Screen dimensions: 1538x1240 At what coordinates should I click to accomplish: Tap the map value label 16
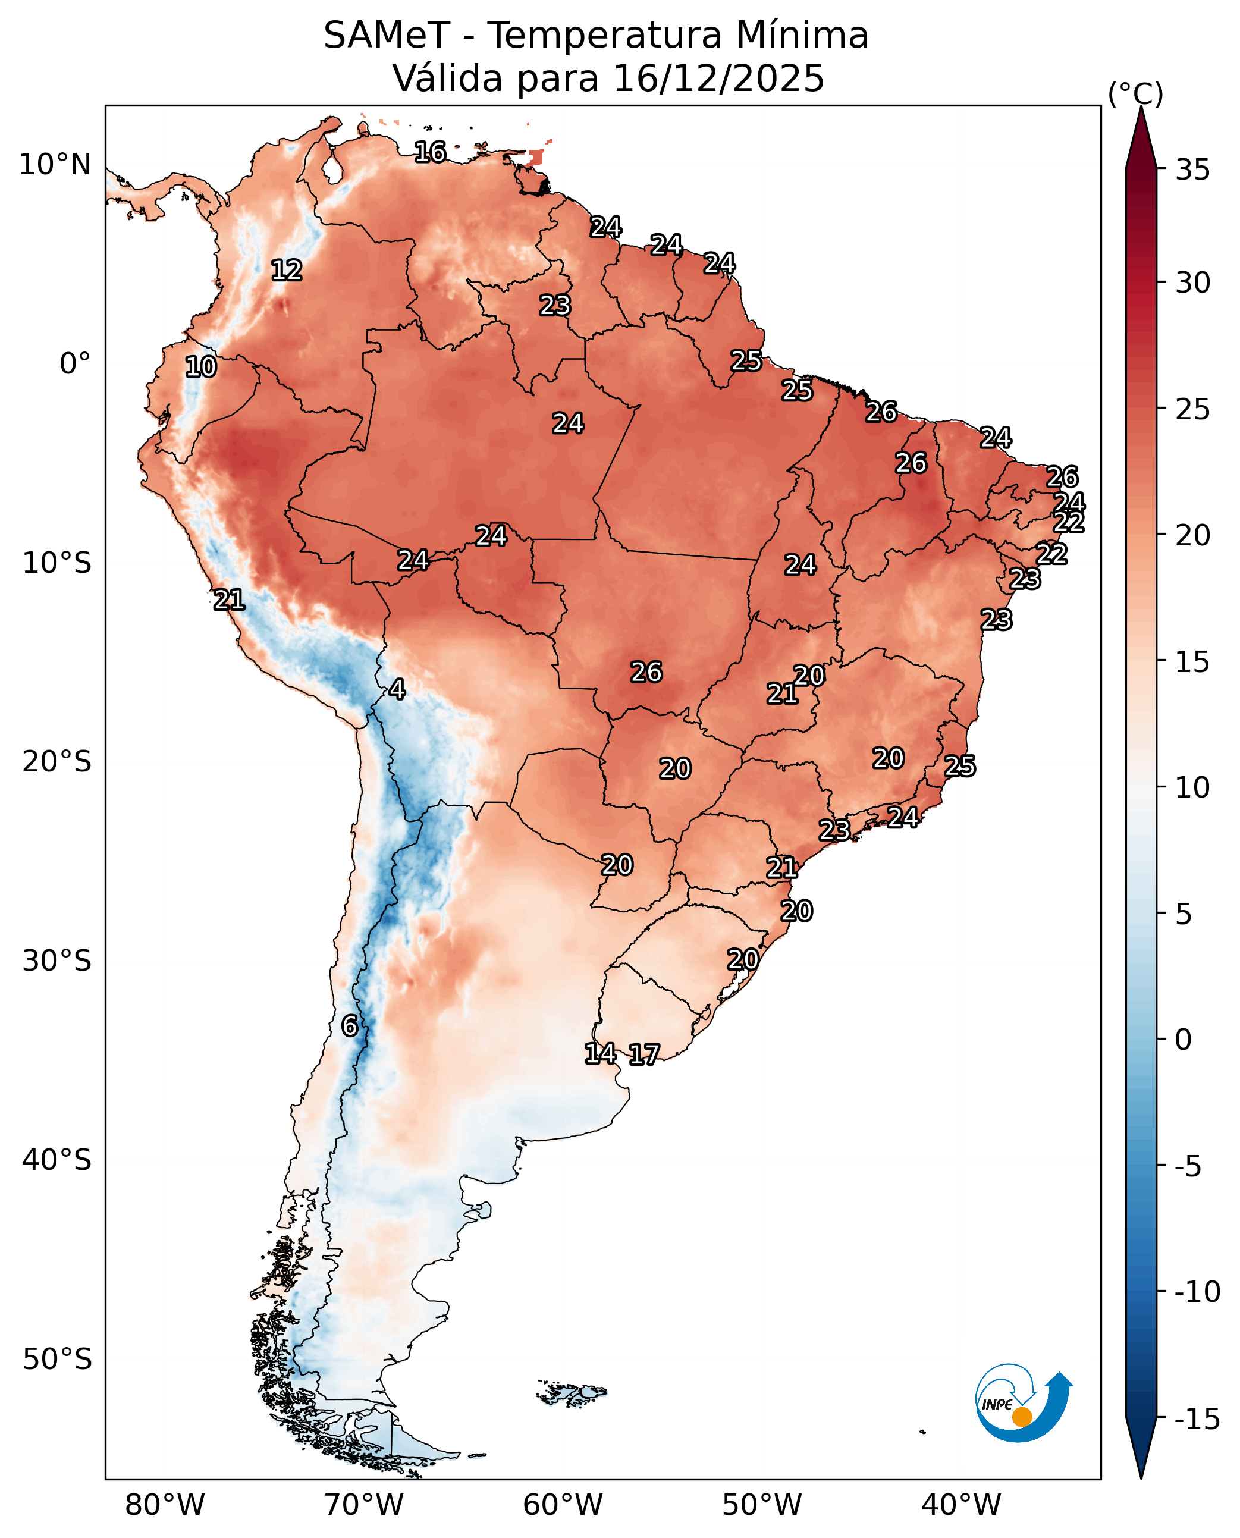pyautogui.click(x=430, y=152)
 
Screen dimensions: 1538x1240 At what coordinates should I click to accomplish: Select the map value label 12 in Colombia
pyautogui.click(x=287, y=270)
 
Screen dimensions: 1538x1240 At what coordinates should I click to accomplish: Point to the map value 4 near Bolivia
pyautogui.click(x=397, y=689)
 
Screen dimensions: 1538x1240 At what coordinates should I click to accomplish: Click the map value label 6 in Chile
pyautogui.click(x=349, y=1026)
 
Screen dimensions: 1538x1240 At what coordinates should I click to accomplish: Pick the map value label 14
pyautogui.click(x=600, y=1053)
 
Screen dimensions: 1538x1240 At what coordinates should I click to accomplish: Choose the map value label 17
pyautogui.click(x=643, y=1054)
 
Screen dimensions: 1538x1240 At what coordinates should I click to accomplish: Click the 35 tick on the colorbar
pyautogui.click(x=1193, y=170)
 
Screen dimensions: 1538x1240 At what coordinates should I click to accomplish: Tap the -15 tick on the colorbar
pyautogui.click(x=1197, y=1420)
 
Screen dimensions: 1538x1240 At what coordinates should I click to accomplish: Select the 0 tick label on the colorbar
pyautogui.click(x=1184, y=1040)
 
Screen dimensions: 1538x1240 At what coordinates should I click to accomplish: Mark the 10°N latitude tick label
pyautogui.click(x=55, y=165)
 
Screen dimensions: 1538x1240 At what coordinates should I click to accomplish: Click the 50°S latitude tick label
pyautogui.click(x=57, y=1359)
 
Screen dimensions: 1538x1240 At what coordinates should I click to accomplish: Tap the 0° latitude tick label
pyautogui.click(x=75, y=363)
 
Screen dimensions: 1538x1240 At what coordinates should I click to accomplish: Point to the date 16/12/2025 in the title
pyautogui.click(x=718, y=79)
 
